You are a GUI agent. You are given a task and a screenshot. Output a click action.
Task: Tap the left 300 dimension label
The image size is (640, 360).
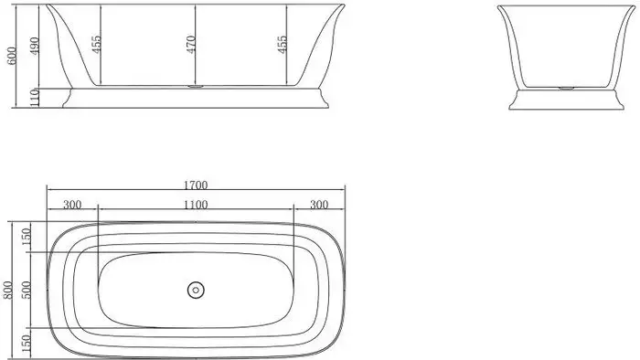point(71,204)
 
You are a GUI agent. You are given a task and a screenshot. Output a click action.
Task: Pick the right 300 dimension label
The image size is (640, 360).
point(318,204)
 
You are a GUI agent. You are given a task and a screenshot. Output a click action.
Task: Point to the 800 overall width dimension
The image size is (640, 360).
point(9,289)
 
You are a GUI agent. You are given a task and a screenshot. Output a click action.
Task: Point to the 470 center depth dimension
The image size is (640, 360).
point(191,46)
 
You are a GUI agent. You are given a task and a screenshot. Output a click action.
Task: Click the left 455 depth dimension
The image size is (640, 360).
point(94,46)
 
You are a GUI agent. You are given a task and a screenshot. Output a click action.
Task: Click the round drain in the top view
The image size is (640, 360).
point(195,291)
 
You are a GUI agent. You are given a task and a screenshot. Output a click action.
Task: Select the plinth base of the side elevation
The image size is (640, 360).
point(196,98)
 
